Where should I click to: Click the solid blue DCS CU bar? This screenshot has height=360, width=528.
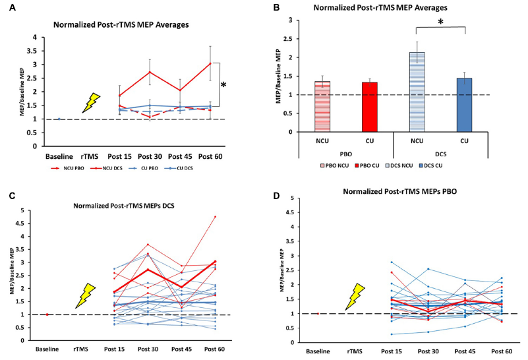[464, 105]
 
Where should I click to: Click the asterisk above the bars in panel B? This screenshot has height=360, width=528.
[441, 21]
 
